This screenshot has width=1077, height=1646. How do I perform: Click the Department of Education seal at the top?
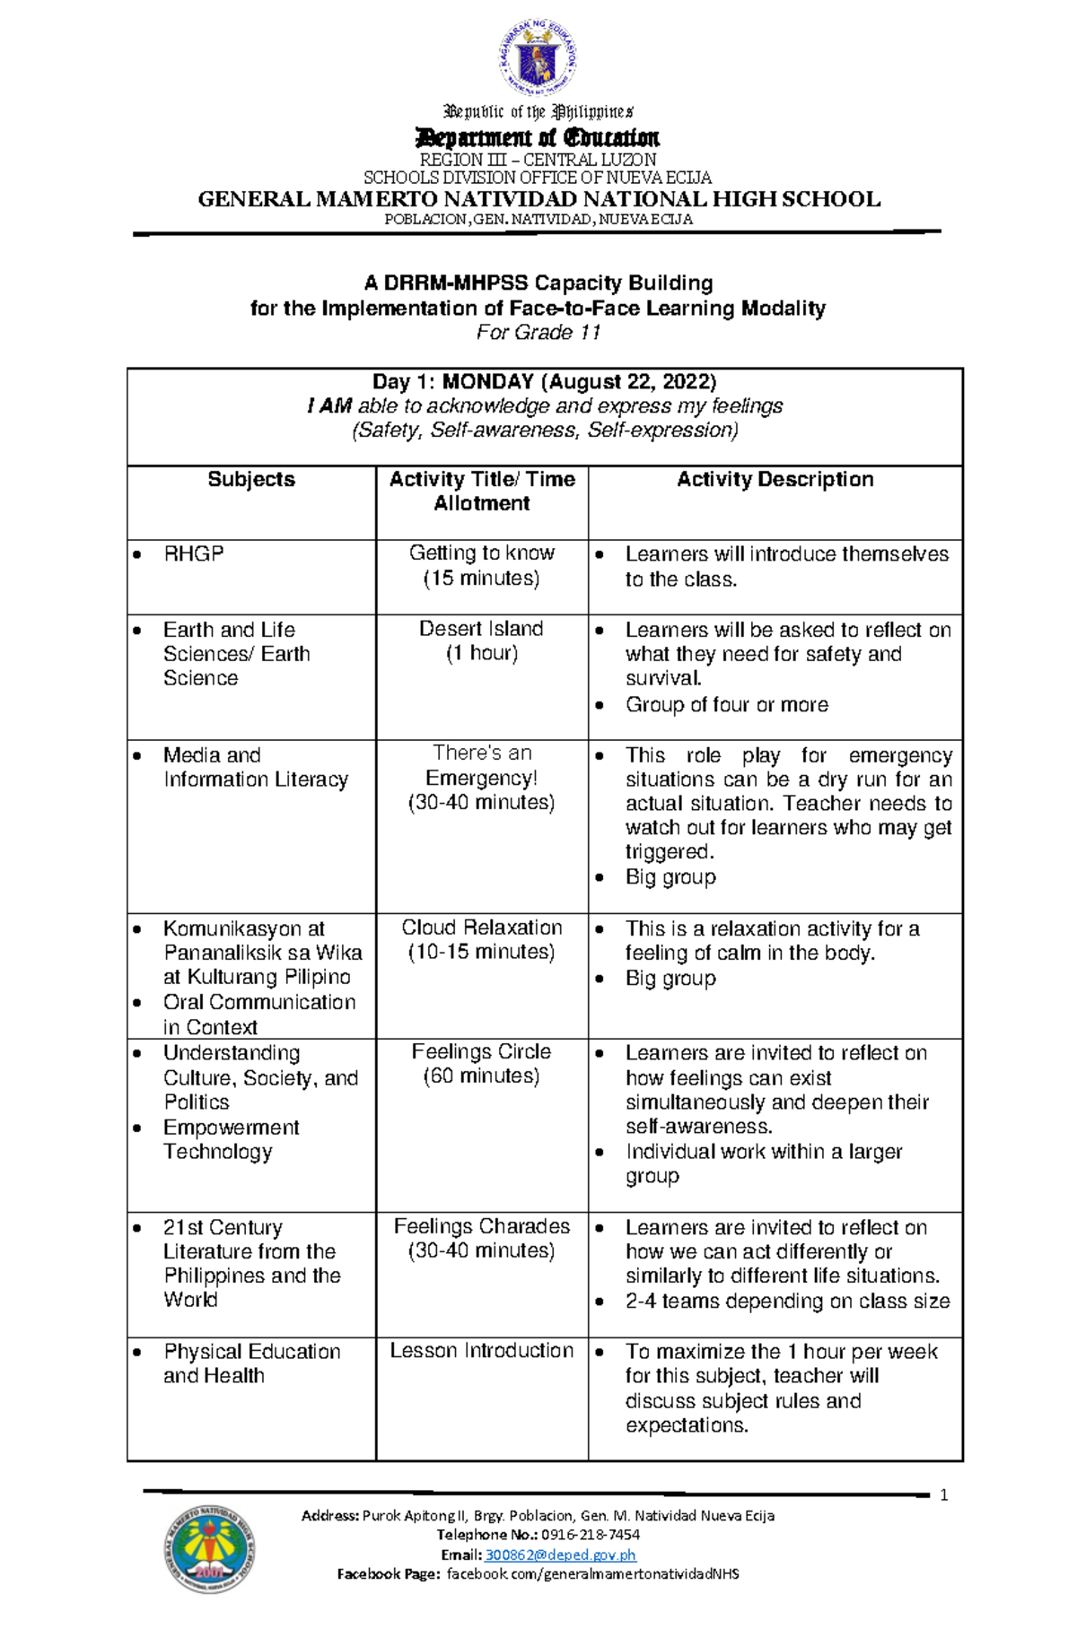click(538, 59)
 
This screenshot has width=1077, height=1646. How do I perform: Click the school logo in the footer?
click(209, 1548)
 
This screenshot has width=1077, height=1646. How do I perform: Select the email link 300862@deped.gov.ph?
click(560, 1555)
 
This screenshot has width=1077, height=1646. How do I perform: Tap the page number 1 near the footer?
click(943, 1495)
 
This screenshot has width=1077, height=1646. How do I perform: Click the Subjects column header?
click(251, 480)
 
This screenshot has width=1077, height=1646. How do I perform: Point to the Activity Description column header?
click(775, 480)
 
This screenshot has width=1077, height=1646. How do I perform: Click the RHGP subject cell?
click(194, 554)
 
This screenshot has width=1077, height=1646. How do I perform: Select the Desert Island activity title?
click(481, 630)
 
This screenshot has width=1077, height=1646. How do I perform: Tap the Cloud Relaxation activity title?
click(481, 928)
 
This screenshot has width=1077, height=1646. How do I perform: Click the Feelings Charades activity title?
click(481, 1227)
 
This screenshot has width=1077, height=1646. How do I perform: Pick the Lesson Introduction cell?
click(481, 1351)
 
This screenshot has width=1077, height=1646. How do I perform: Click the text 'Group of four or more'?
click(726, 705)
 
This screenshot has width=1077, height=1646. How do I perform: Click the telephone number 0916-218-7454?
click(590, 1535)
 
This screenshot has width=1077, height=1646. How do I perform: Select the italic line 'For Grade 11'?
click(538, 333)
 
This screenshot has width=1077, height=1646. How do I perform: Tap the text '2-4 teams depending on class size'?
click(787, 1302)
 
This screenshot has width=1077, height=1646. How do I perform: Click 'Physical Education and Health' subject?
click(251, 1363)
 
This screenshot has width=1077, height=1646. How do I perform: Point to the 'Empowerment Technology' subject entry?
click(231, 1139)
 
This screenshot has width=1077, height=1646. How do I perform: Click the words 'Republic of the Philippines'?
click(538, 112)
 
